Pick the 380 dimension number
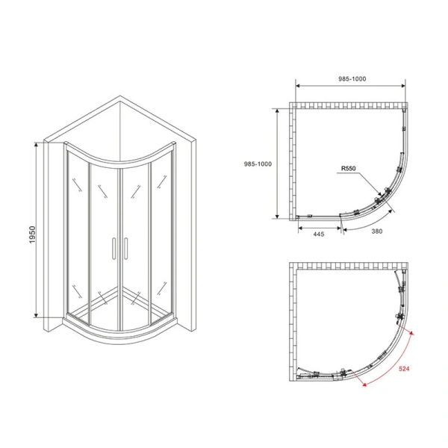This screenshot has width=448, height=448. [x=376, y=231]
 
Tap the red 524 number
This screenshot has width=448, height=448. [x=405, y=368]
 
